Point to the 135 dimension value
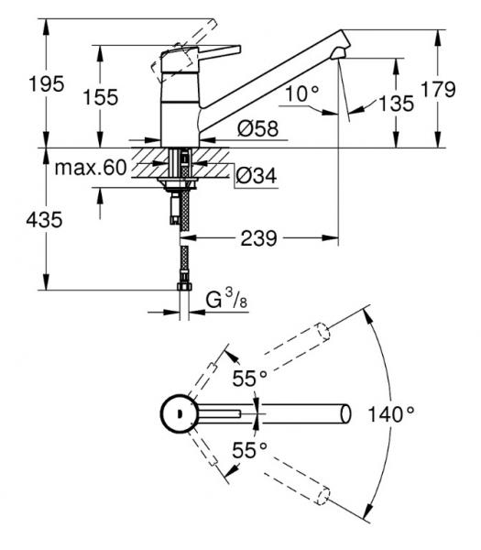point(395,104)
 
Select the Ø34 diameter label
point(257,174)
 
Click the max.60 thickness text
point(90,168)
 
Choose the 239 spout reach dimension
point(259,238)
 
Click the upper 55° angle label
point(247,379)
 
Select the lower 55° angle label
point(247,450)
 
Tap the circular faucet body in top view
point(177,414)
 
